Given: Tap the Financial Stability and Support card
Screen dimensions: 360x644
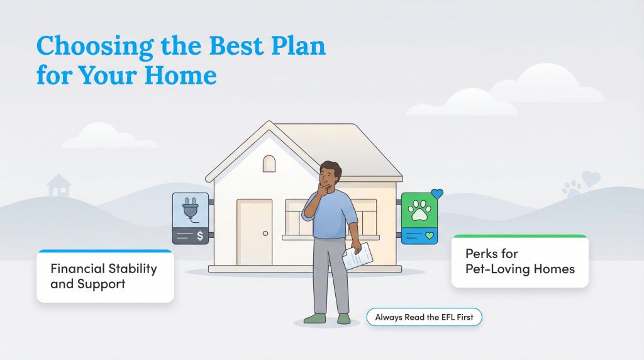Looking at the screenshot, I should click(x=104, y=276).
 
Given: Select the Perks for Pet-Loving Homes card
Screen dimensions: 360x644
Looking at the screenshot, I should click(x=519, y=261).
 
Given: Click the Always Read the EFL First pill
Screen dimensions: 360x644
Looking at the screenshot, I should click(x=424, y=317).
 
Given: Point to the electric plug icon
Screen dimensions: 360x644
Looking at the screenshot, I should click(x=190, y=210).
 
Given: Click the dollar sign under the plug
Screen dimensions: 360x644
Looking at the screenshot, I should click(x=200, y=236).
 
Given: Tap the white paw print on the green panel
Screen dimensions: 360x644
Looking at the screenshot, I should click(x=419, y=212).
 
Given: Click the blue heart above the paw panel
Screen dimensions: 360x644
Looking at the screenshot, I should click(x=438, y=194).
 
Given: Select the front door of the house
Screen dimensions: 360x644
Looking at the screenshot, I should click(x=254, y=232).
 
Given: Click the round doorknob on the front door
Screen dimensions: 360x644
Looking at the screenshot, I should click(x=265, y=233).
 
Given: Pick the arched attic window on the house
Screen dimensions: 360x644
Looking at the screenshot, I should click(x=269, y=164).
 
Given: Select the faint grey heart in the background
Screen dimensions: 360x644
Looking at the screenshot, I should click(x=591, y=179).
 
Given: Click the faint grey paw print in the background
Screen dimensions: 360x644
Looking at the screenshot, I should click(x=572, y=188).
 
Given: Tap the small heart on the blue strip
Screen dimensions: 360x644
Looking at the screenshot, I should click(x=430, y=235).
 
